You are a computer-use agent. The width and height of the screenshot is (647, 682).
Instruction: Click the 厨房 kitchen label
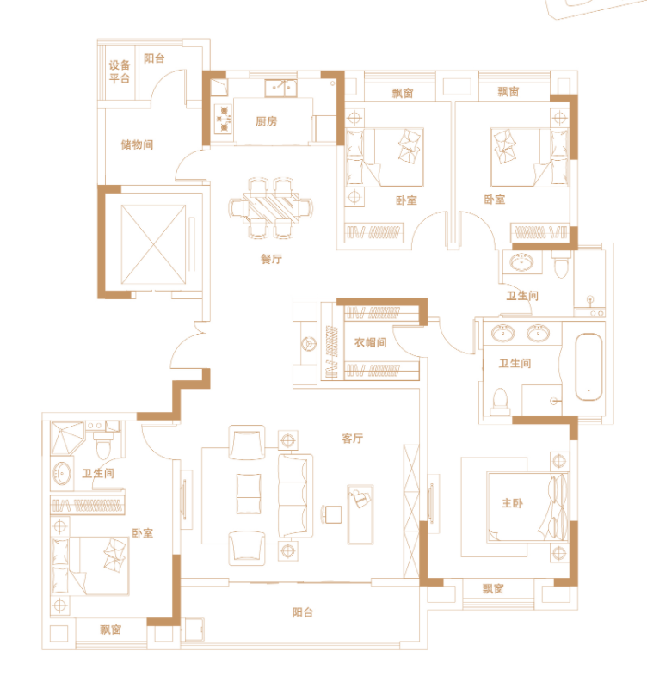point(266,121)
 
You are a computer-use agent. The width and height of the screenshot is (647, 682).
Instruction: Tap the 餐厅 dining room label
point(272,259)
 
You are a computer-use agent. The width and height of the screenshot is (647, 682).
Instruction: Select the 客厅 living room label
point(353,438)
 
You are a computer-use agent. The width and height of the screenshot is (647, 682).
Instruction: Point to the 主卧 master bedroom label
point(512,503)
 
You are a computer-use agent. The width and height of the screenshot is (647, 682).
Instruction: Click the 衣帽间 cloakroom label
point(370,342)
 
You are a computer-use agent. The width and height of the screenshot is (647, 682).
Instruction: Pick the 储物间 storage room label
point(137,144)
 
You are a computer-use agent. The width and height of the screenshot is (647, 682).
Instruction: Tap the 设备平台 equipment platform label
point(120,71)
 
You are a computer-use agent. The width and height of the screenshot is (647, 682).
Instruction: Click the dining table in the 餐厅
point(271,208)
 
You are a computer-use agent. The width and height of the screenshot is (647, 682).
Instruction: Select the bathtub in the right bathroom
point(588,366)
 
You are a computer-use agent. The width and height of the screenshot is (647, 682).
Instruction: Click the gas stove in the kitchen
point(224,119)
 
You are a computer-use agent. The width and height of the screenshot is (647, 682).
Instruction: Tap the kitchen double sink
point(281,89)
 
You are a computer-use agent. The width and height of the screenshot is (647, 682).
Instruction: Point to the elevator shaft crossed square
point(154,245)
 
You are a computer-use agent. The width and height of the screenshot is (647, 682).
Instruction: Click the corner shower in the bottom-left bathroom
point(67,438)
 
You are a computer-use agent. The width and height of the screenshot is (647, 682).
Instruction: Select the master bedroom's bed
point(527,507)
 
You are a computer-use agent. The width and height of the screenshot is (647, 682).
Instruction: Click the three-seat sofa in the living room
point(295,496)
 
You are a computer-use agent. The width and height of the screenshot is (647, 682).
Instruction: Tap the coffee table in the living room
point(249,494)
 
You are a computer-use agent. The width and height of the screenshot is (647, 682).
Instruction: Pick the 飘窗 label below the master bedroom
point(493,589)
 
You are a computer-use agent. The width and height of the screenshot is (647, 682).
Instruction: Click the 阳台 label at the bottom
point(303,612)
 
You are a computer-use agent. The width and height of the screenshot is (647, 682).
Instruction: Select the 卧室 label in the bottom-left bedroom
point(143,533)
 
